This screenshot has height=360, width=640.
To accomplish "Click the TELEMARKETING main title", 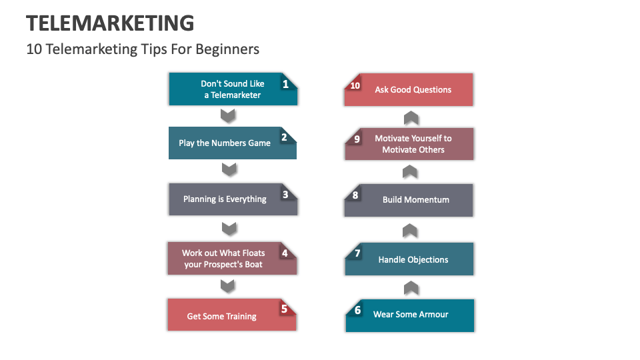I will point(110,23).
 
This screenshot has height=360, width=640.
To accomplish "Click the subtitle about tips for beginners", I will point(143,49).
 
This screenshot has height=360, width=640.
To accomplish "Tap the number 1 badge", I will point(285,84).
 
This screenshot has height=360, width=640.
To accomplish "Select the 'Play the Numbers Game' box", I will point(225,143).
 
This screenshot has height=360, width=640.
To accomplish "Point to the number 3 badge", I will point(285,195).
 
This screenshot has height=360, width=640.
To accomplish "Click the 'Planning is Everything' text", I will point(225,199).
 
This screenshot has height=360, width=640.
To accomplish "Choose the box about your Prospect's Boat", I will point(223,259).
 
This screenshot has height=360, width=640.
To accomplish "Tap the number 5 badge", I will point(284,309).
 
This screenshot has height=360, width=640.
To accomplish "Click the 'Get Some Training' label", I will point(221,316).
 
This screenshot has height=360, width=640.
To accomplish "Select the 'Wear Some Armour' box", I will point(411,315).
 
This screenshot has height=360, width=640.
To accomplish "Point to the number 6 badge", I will point(357,311).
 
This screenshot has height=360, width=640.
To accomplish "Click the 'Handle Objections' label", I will point(413,259).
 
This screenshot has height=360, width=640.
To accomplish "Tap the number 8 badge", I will point(355,195).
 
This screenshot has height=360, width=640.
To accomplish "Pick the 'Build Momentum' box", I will point(416,200).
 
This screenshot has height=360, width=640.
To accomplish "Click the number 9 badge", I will point(357,139).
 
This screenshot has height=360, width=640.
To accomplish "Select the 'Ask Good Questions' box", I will point(413,89).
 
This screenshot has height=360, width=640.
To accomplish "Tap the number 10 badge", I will point(355,85).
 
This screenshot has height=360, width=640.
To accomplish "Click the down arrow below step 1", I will point(229,116).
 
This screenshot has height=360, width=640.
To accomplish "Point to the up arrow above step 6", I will point(411,288).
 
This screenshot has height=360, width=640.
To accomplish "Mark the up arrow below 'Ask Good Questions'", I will point(411,118).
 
